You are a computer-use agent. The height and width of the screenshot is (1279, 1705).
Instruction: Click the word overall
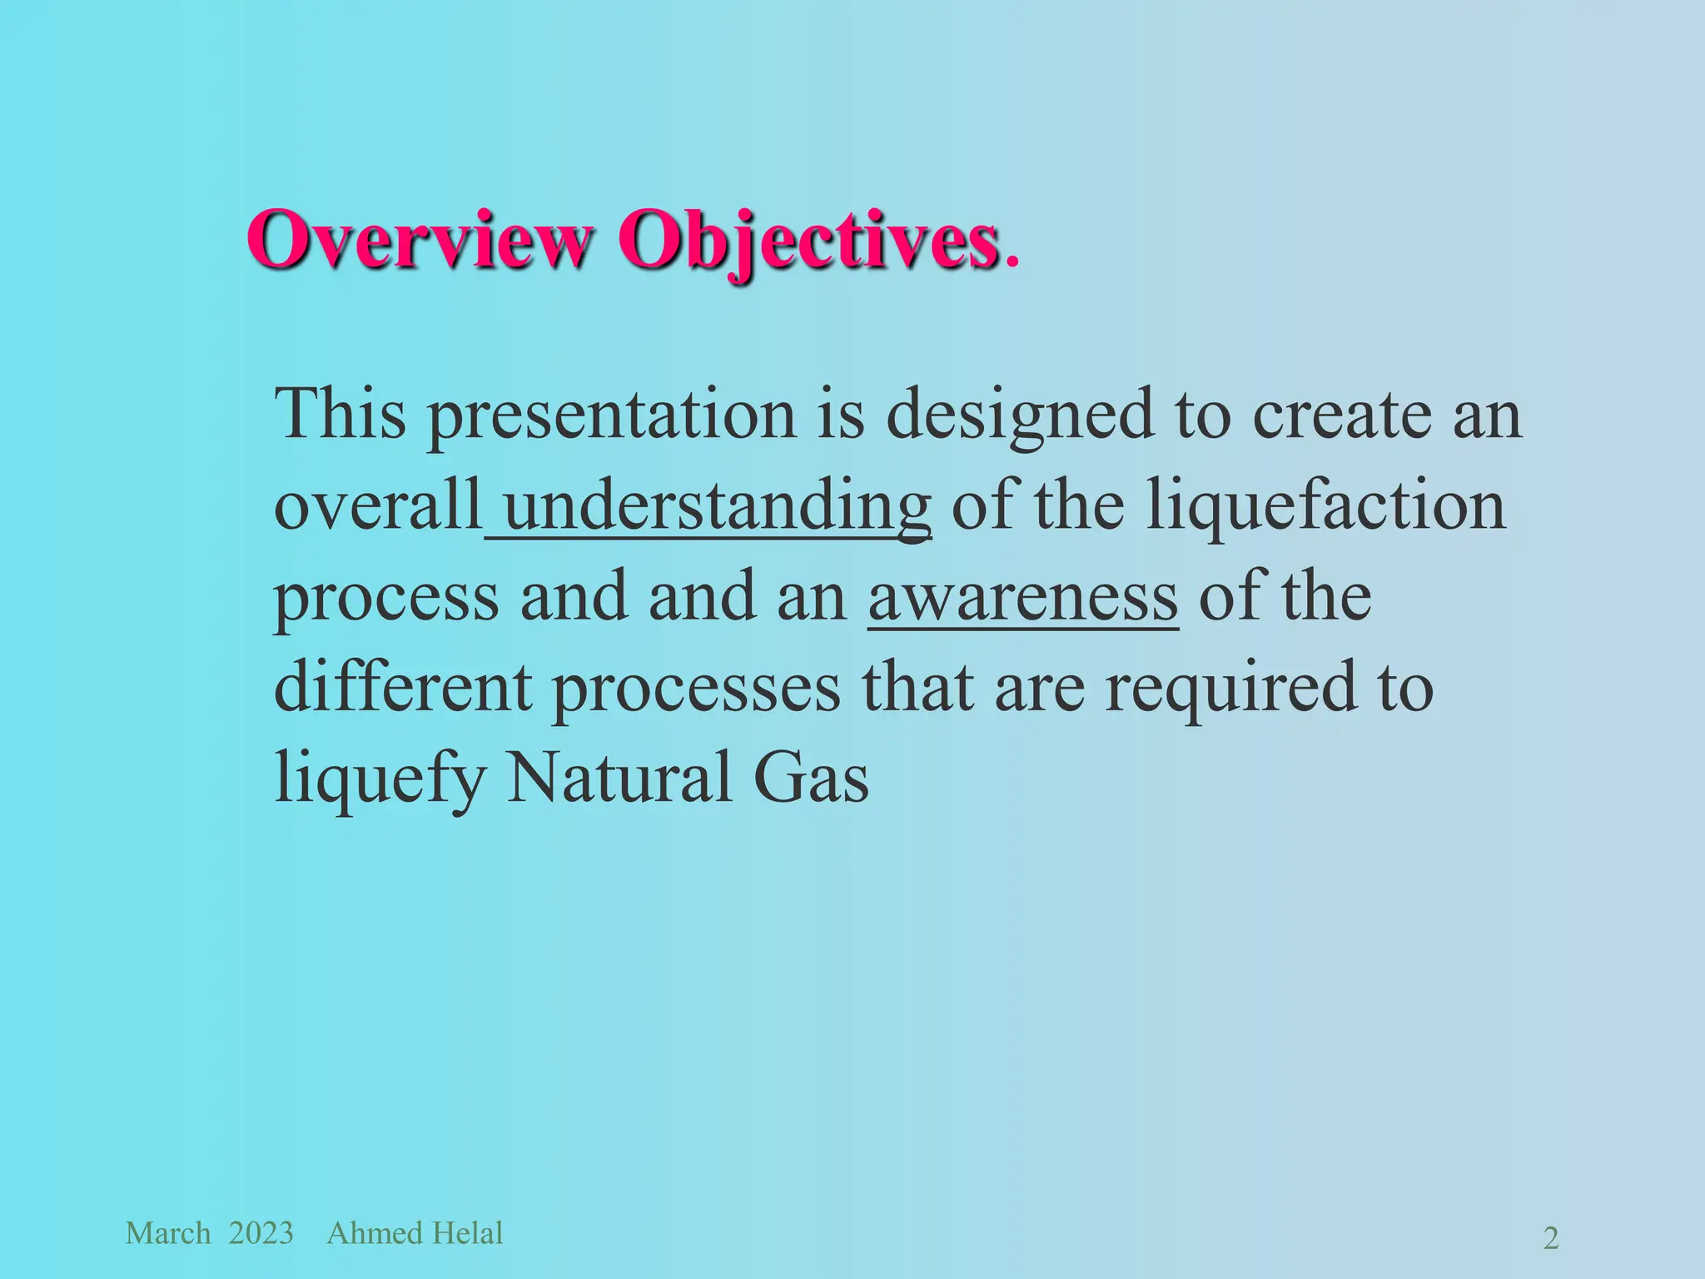pyautogui.click(x=378, y=505)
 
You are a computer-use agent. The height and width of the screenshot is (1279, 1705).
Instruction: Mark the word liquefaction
pyautogui.click(x=1325, y=505)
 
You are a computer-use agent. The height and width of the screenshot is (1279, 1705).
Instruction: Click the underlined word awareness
pyautogui.click(x=1023, y=598)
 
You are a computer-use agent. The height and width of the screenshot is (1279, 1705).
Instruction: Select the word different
pyautogui.click(x=403, y=688)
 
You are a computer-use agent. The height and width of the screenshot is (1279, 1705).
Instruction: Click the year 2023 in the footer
pyautogui.click(x=261, y=1233)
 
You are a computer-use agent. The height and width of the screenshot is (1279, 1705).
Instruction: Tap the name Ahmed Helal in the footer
pyautogui.click(x=415, y=1233)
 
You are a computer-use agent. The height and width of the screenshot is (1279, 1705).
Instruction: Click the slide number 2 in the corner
pyautogui.click(x=1551, y=1239)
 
